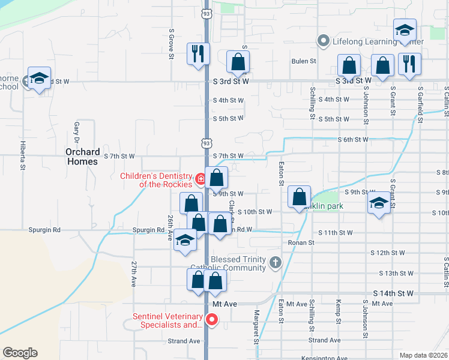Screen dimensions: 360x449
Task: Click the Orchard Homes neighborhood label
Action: click(x=82, y=157)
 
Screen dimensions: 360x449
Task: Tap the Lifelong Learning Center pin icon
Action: click(x=323, y=41)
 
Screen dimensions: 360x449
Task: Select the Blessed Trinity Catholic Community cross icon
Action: click(x=275, y=262)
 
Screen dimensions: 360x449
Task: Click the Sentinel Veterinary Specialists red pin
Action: click(x=211, y=320)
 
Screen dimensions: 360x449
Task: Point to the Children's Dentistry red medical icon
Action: click(x=200, y=178)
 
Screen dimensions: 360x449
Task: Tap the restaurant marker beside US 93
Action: click(x=197, y=54)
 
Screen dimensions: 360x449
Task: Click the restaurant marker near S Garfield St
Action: click(x=409, y=65)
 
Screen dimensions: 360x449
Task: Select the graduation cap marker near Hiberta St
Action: click(x=39, y=79)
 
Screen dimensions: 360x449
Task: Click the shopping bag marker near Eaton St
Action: click(x=299, y=197)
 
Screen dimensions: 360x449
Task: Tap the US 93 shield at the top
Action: click(x=206, y=13)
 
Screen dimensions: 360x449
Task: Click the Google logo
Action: click(x=20, y=353)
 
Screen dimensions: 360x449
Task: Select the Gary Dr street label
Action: click(x=77, y=128)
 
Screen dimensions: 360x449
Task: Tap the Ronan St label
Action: click(x=302, y=242)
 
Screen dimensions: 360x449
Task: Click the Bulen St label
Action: click(x=304, y=61)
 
